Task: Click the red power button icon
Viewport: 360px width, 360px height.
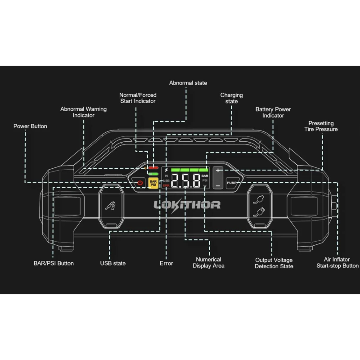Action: (x=140, y=183)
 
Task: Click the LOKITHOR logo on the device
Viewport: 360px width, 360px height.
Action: (x=187, y=205)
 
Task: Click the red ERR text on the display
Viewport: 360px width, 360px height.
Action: (x=166, y=186)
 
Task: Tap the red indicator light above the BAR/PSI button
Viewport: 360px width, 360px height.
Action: (x=153, y=168)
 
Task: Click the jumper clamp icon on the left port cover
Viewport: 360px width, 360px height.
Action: (x=110, y=206)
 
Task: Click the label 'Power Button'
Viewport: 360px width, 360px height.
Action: (x=30, y=126)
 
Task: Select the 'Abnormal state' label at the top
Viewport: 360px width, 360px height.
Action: (x=188, y=83)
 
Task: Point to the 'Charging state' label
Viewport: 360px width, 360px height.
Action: (x=231, y=98)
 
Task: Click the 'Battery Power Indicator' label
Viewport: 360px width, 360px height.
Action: (x=273, y=112)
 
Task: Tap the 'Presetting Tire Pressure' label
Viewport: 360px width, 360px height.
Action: (x=323, y=126)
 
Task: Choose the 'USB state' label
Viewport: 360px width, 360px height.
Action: (x=112, y=263)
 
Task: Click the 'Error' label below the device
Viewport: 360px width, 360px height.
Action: (x=166, y=263)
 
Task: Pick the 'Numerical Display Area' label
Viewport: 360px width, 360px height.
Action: (x=208, y=262)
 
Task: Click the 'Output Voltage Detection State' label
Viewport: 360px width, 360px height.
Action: (x=274, y=263)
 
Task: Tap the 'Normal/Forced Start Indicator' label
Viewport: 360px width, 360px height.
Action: (x=137, y=98)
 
